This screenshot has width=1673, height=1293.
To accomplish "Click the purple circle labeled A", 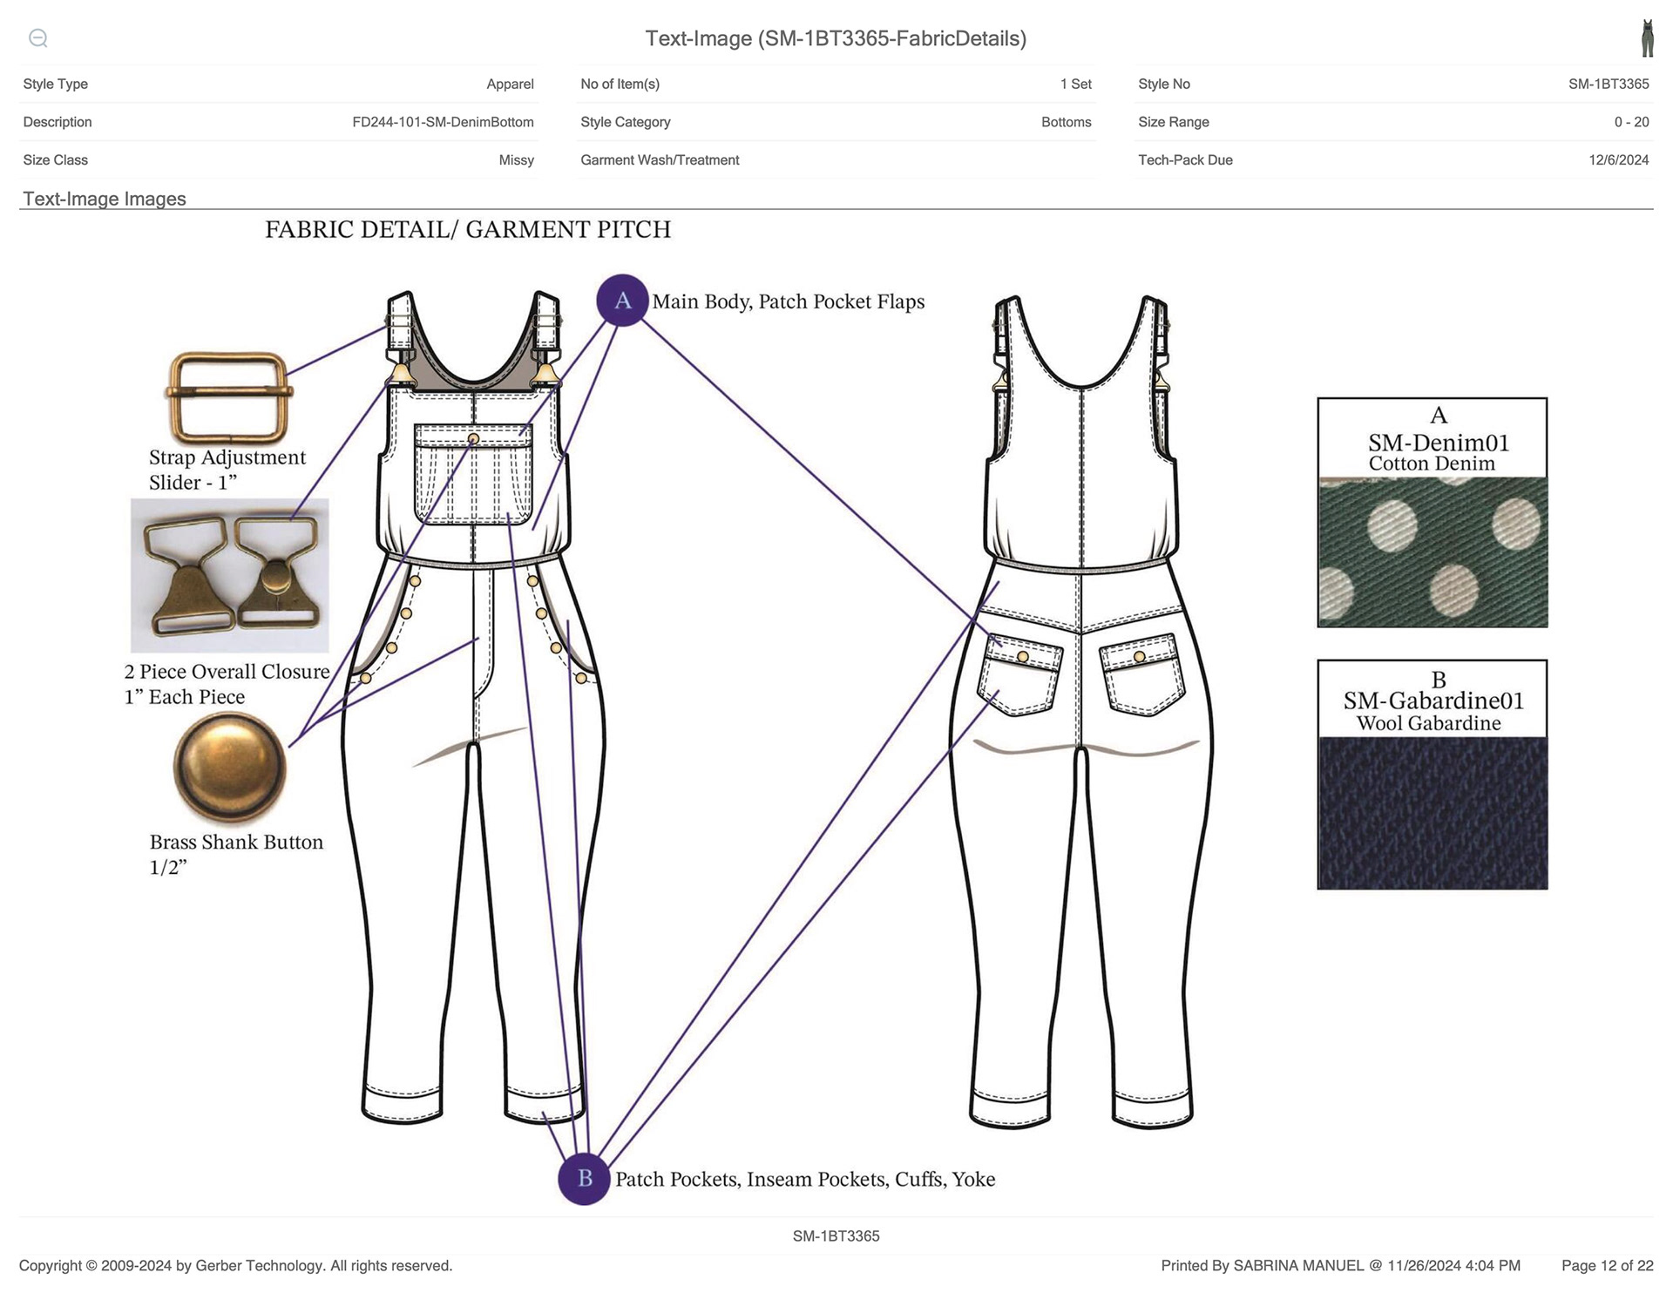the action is [x=622, y=301].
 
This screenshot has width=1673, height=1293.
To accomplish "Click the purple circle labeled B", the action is [x=584, y=1179].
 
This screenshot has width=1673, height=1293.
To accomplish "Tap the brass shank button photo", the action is [x=230, y=768].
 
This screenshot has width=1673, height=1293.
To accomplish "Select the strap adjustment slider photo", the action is [x=229, y=397].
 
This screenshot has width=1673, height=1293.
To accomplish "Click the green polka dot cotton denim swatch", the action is [x=1433, y=552].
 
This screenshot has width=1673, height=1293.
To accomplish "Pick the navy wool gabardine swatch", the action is [x=1433, y=813].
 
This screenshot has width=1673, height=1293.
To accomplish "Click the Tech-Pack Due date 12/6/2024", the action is [x=1619, y=160].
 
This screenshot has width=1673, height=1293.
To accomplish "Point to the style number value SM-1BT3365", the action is [x=1609, y=85].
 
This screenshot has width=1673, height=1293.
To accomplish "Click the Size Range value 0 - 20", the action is [x=1631, y=122].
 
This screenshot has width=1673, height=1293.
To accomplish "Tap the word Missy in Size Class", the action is [x=517, y=160].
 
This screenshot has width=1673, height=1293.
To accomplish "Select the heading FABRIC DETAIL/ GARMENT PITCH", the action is [x=468, y=229].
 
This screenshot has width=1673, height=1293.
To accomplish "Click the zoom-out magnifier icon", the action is [x=38, y=38].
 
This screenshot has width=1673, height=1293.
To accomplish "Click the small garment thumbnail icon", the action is [x=1647, y=38].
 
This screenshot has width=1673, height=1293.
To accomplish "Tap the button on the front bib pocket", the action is [x=473, y=439].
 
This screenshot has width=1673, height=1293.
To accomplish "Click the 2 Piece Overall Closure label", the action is [x=227, y=684].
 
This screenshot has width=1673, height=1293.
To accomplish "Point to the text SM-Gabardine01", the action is [x=1433, y=701].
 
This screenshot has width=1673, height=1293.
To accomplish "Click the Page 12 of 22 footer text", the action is [x=1607, y=1266].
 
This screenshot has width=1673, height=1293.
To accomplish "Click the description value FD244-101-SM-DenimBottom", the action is [x=443, y=122].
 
